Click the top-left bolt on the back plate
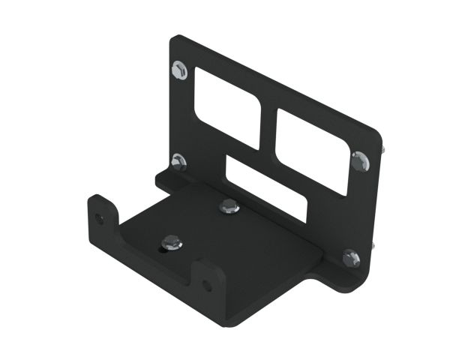180,71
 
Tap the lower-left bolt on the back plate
178,160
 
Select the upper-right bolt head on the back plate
360,160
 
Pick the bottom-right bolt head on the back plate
351,257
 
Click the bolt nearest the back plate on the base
228,206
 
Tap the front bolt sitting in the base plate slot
171,241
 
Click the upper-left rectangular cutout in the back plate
227,105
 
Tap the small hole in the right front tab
208,285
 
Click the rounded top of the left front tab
99,199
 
